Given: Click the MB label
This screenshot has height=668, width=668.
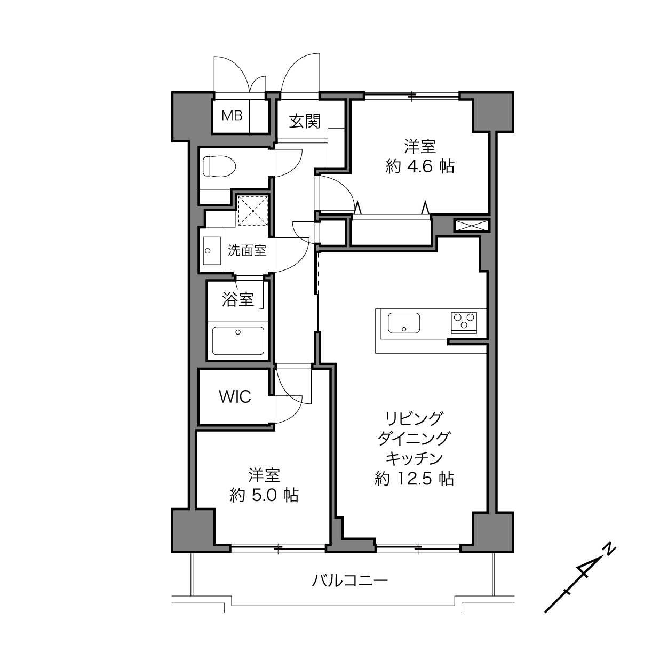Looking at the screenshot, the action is (232, 115).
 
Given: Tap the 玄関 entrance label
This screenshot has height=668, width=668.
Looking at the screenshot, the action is (305, 121).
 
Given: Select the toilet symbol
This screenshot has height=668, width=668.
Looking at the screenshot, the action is (219, 166).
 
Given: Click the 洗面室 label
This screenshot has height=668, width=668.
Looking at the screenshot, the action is (247, 250).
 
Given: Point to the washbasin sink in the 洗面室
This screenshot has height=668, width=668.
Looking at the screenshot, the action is (212, 251).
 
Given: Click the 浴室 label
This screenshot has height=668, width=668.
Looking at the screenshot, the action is (238, 299).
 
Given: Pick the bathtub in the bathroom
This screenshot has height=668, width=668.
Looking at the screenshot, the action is (238, 340).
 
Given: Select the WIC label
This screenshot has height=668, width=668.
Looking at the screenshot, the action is (235, 397).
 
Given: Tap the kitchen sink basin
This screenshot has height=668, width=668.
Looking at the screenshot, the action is (404, 323).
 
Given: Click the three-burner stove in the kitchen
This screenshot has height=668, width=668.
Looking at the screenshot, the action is (464, 323).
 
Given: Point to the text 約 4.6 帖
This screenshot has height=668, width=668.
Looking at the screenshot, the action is (420, 167).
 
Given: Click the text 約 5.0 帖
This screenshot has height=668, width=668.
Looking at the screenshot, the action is (264, 495).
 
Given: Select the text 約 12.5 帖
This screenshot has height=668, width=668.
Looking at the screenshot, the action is (414, 479).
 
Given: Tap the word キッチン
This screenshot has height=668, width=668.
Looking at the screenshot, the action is (415, 458).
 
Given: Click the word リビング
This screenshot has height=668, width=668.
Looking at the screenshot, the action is (415, 418).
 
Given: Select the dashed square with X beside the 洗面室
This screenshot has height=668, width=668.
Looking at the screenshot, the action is (253, 211).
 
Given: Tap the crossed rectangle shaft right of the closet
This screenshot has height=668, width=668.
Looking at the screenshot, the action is (472, 225).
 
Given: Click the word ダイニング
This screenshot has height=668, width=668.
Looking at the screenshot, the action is (414, 439).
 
